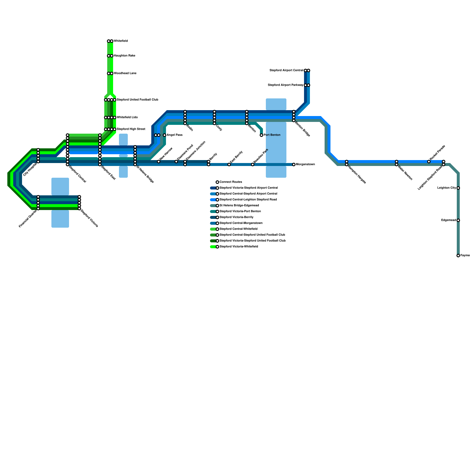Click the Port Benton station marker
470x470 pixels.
261,135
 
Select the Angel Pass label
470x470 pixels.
174,135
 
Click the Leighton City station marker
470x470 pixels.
458,188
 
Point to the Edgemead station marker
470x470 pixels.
458,220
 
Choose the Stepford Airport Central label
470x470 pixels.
286,70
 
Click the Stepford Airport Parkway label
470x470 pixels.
285,85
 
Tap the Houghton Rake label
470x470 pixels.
125,56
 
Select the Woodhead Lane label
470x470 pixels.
125,73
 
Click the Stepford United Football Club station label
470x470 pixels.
137,100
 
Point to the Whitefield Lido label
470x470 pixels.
127,117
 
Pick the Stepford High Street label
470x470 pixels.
131,129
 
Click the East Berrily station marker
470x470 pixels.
229,164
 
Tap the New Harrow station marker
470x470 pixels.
159,162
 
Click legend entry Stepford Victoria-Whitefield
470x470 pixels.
239,247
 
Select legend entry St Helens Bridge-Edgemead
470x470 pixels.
239,206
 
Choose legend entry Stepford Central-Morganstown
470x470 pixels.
241,223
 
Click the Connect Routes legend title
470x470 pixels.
231,182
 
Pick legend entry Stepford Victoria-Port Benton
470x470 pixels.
240,211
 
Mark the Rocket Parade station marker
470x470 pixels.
429,162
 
